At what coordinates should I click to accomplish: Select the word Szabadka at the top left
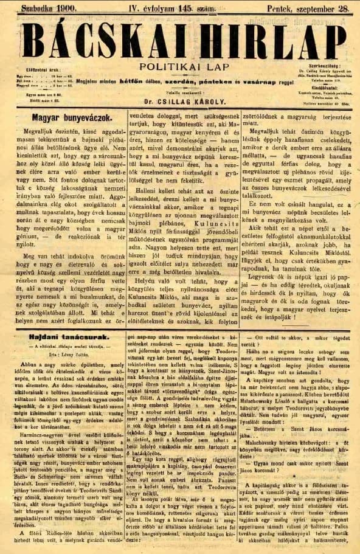(38, 9)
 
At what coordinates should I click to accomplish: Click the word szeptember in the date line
(308, 9)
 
